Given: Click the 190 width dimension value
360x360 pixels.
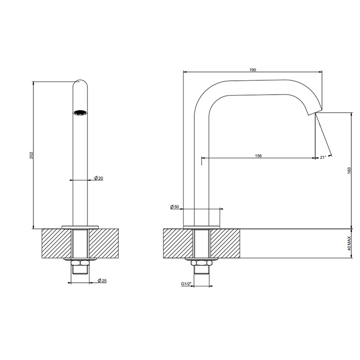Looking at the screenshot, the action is coord(253,70).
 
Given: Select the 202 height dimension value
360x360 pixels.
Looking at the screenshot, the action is coord(31,155).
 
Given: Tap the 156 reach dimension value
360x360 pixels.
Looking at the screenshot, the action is coord(258,156).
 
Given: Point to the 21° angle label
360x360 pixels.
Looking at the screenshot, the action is coord(323,157).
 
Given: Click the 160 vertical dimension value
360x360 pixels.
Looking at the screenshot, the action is coord(349,171).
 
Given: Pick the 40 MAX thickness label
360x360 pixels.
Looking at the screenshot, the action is coord(349,243).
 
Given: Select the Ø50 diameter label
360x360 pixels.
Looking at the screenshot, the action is coord(174,207).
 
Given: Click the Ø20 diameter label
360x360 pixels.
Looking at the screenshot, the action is coord(99,178).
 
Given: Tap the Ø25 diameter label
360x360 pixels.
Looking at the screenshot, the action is coord(102,281).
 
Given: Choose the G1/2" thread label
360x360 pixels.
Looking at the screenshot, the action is coord(186,284).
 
